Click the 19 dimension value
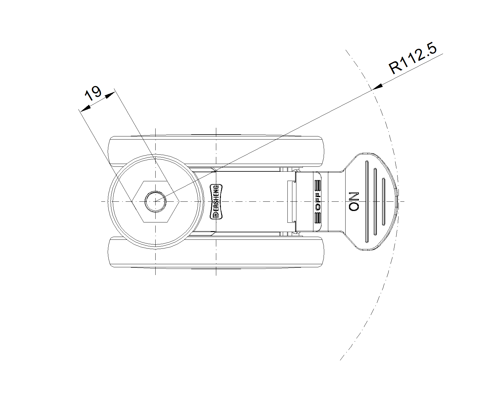[x=93, y=93]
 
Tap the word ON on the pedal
[x=354, y=202]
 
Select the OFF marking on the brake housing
[x=318, y=202]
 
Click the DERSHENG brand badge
[x=216, y=202]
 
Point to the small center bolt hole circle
[x=156, y=202]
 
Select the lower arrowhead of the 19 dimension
[x=85, y=108]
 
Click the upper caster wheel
[x=216, y=151]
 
